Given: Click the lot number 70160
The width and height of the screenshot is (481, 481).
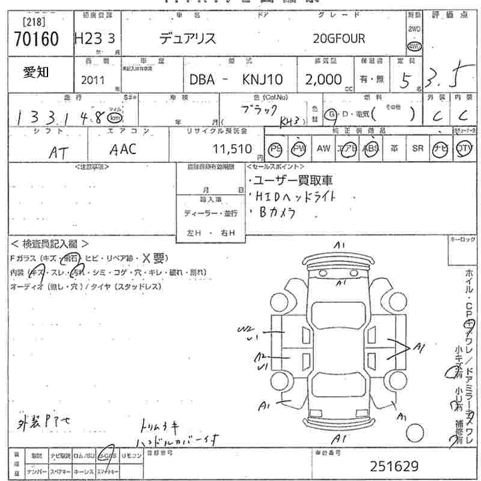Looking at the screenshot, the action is click(x=36, y=40).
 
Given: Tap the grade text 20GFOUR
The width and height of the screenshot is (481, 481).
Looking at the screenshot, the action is click(x=339, y=39).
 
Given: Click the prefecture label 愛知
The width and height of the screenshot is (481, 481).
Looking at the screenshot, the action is click(x=36, y=73).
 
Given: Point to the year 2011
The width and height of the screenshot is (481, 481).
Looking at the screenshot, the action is click(x=92, y=80).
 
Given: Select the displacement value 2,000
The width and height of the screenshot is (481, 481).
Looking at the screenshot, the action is click(x=323, y=79).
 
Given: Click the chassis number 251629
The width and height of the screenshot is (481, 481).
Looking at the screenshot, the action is click(x=394, y=466).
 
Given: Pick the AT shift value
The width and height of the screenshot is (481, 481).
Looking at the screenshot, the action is click(x=57, y=153).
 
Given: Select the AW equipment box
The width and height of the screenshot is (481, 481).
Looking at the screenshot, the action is click(x=323, y=149).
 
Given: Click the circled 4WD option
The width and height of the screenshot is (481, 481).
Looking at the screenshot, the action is click(x=414, y=47).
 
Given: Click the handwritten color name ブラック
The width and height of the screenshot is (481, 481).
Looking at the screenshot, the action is click(x=259, y=110).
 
